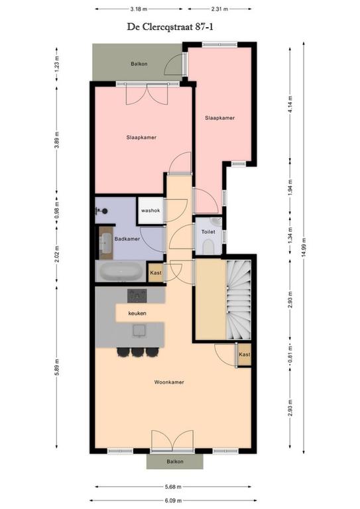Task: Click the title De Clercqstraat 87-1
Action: point(170,27)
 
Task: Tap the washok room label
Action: point(150,210)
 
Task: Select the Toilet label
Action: point(208,232)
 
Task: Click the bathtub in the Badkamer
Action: point(121,271)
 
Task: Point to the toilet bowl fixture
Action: point(208,247)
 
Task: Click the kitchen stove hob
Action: point(137,296)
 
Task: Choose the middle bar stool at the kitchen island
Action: point(138,352)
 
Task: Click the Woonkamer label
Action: point(169,382)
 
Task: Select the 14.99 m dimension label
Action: point(303,248)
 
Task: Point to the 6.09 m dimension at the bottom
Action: point(173,500)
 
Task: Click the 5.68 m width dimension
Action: point(173,486)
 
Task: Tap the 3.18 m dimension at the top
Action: point(139,9)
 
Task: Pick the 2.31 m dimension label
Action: point(219,9)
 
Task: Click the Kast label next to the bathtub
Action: point(156,272)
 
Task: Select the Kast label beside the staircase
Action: point(245,355)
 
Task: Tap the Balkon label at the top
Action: point(139,64)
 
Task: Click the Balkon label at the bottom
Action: point(175,461)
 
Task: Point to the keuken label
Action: point(137,313)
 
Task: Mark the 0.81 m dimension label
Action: point(290,355)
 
